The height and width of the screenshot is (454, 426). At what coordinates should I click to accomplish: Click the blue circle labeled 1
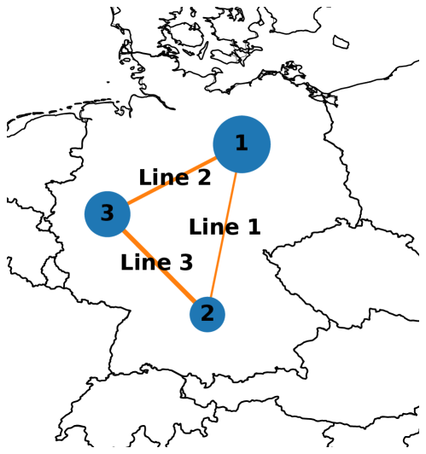[x=242, y=144]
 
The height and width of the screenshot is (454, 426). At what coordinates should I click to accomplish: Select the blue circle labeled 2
[x=207, y=314]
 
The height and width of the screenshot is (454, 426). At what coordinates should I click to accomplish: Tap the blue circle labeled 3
[x=108, y=214]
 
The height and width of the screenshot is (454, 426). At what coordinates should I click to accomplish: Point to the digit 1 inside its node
[x=242, y=144]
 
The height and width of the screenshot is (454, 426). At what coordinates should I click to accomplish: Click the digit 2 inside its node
[x=207, y=314]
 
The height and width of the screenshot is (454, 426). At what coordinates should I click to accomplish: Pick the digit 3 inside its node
[x=108, y=214]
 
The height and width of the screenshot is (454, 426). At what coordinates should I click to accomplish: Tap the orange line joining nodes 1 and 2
[x=225, y=230]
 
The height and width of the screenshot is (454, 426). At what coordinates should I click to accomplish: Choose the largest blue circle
[x=242, y=144]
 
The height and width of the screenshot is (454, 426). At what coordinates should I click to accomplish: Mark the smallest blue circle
[x=207, y=314]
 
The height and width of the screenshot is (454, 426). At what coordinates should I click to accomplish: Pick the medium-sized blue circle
[x=108, y=214]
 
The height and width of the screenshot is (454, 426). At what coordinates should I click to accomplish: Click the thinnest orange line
[x=225, y=230]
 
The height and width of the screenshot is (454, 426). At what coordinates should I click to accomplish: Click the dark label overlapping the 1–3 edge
[x=174, y=179]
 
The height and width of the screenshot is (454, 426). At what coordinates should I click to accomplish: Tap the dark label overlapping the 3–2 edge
[x=157, y=264]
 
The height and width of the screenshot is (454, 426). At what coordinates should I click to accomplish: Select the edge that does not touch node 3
[x=225, y=230]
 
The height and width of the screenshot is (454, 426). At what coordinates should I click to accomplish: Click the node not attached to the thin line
[x=108, y=214]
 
